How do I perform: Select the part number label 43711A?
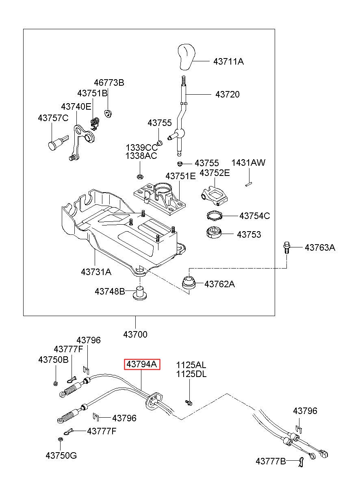pos(228,62)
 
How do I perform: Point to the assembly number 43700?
pos(135,334)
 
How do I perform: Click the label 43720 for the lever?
pos(227,95)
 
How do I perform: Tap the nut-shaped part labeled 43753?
pos(214,233)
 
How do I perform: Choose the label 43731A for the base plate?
pos(96,272)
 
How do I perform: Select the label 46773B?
pos(109,83)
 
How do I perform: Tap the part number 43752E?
pos(215,173)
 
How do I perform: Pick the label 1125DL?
pos(191,374)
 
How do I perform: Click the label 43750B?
pos(53,360)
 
